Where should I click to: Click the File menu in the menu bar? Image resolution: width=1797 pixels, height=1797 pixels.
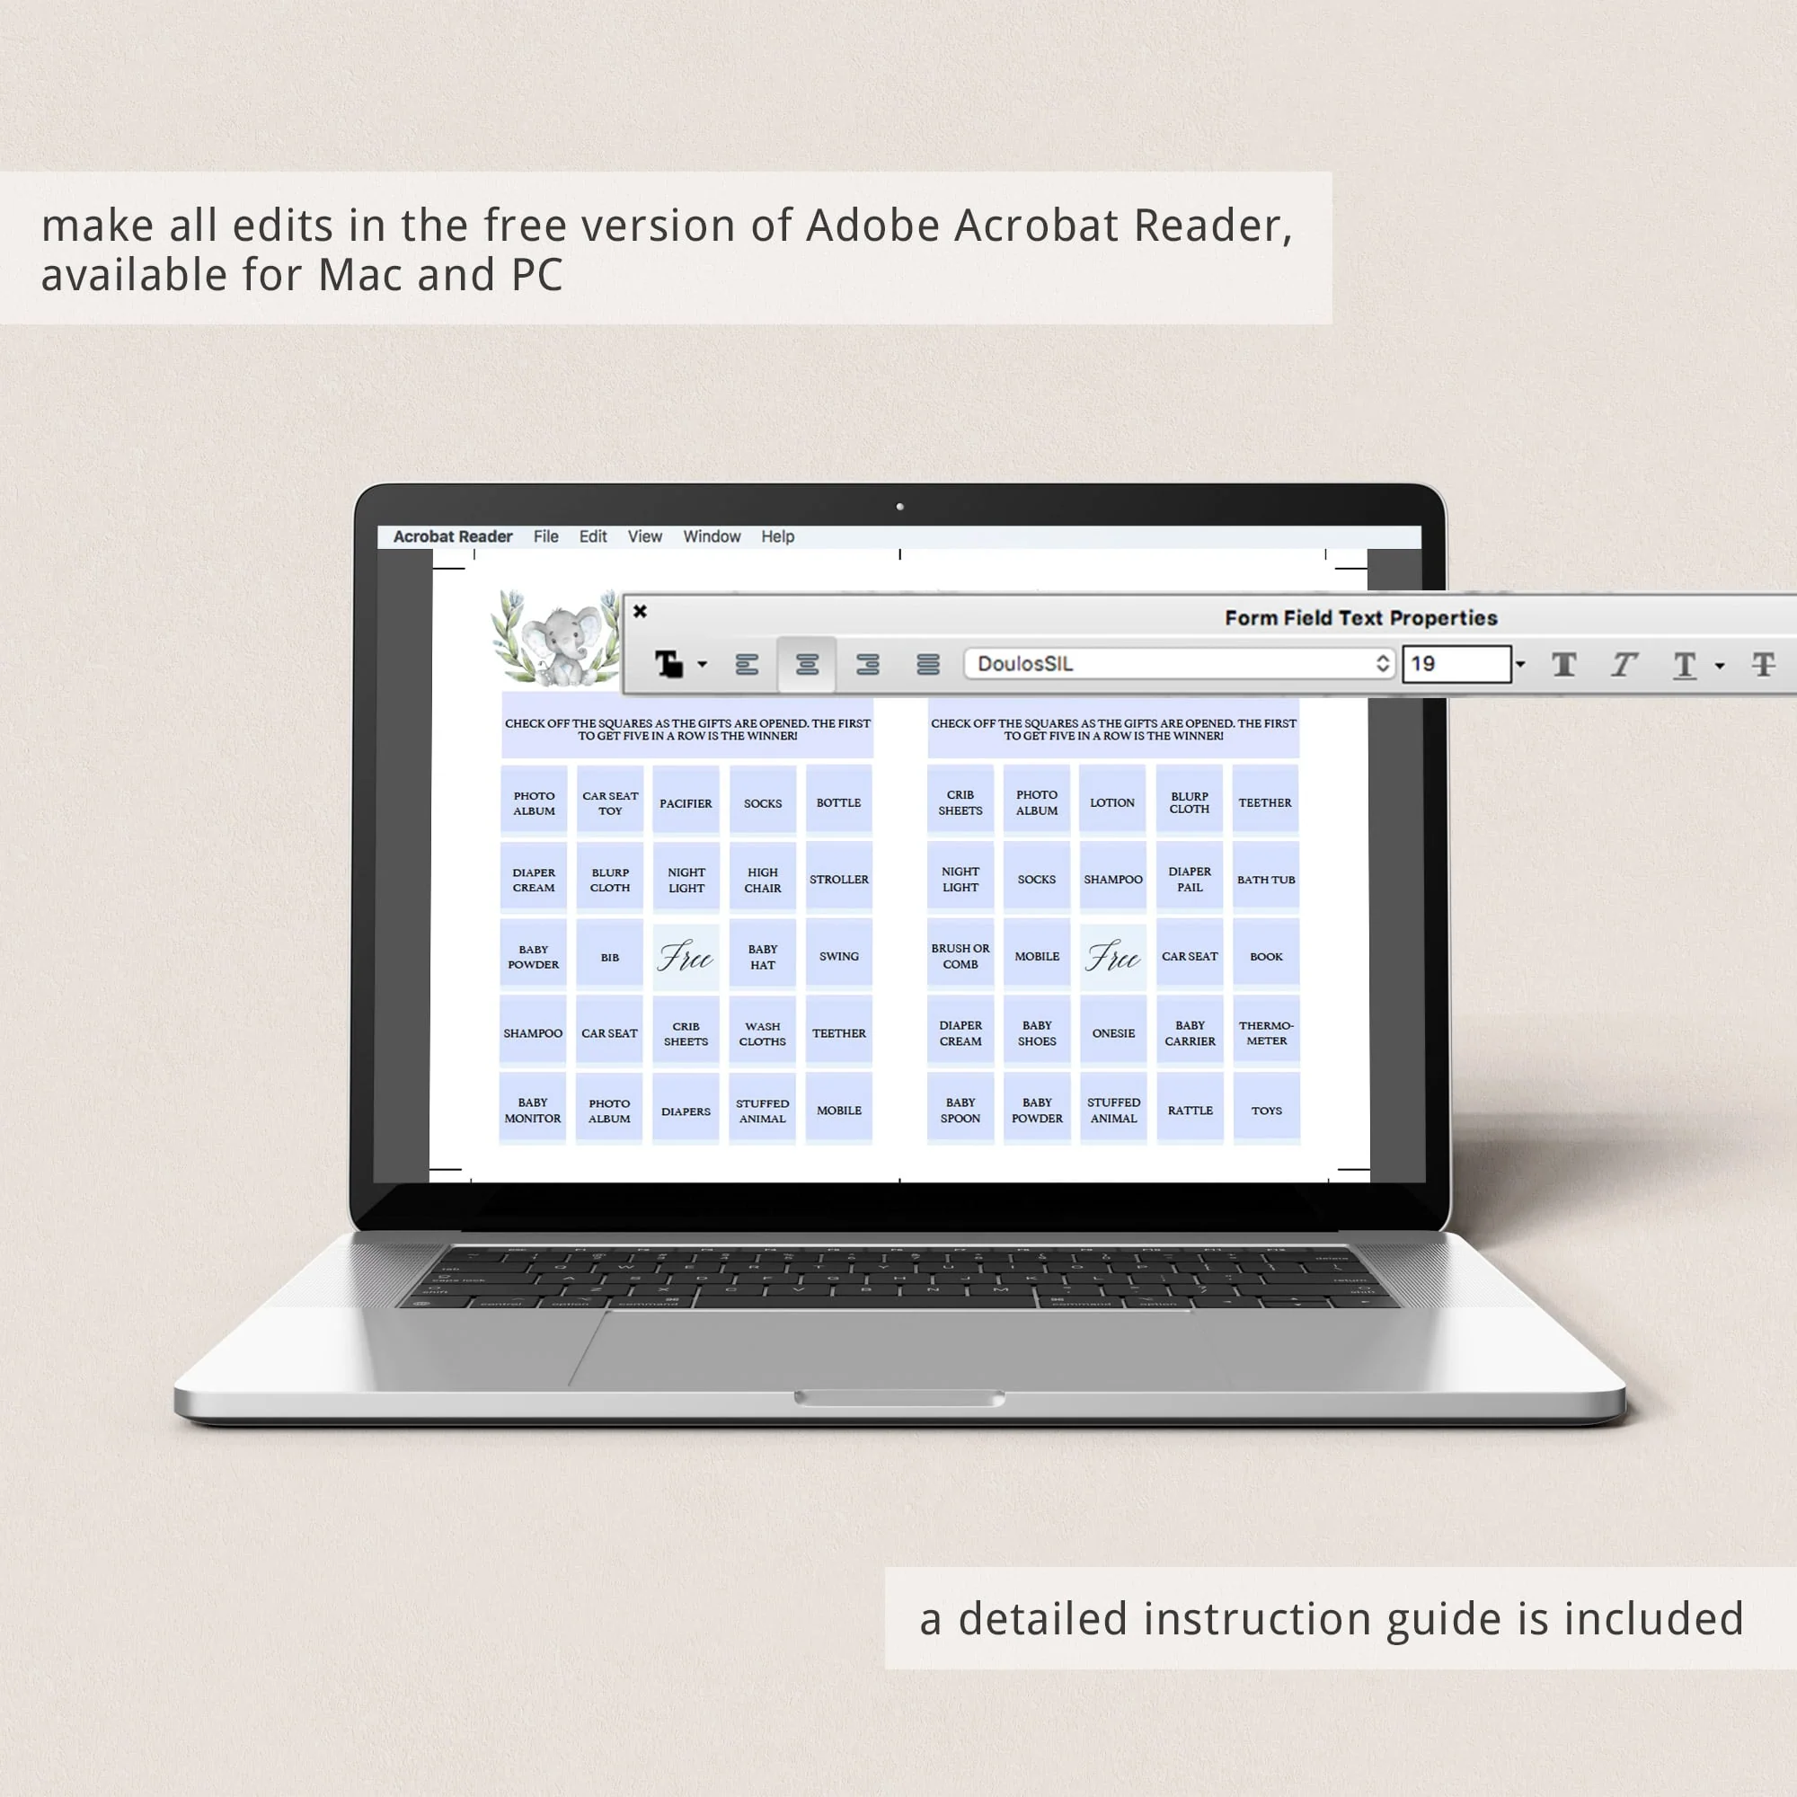point(546,536)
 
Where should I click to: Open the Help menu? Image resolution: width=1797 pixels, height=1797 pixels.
point(777,536)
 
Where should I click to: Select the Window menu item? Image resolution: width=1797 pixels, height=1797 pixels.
point(712,536)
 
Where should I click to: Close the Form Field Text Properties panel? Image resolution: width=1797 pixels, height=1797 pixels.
point(640,611)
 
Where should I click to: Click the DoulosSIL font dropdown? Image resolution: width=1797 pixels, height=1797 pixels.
point(1180,663)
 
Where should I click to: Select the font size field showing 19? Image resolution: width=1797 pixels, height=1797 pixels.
point(1456,664)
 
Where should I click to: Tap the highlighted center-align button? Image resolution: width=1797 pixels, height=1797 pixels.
point(807,664)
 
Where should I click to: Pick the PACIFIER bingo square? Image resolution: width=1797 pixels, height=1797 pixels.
point(686,802)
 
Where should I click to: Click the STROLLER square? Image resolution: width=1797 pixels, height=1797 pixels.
point(839,879)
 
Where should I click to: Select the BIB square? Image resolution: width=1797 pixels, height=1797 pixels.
point(609,956)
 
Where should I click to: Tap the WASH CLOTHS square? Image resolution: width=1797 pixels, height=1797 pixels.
point(763,1033)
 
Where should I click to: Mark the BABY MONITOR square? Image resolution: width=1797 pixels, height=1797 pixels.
point(533,1110)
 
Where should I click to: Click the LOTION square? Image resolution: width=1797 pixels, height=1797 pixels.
point(1112,801)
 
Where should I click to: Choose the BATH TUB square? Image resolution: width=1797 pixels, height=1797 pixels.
point(1266,879)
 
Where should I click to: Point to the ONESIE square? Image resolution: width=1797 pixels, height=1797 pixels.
point(1113,1032)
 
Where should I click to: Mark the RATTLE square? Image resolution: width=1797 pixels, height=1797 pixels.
point(1190,1110)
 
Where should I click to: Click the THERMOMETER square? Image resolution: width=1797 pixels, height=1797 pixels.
point(1266,1032)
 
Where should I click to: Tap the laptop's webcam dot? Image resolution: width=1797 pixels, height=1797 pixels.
point(899,507)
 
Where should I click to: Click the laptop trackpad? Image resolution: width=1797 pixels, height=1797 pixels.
point(893,1348)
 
